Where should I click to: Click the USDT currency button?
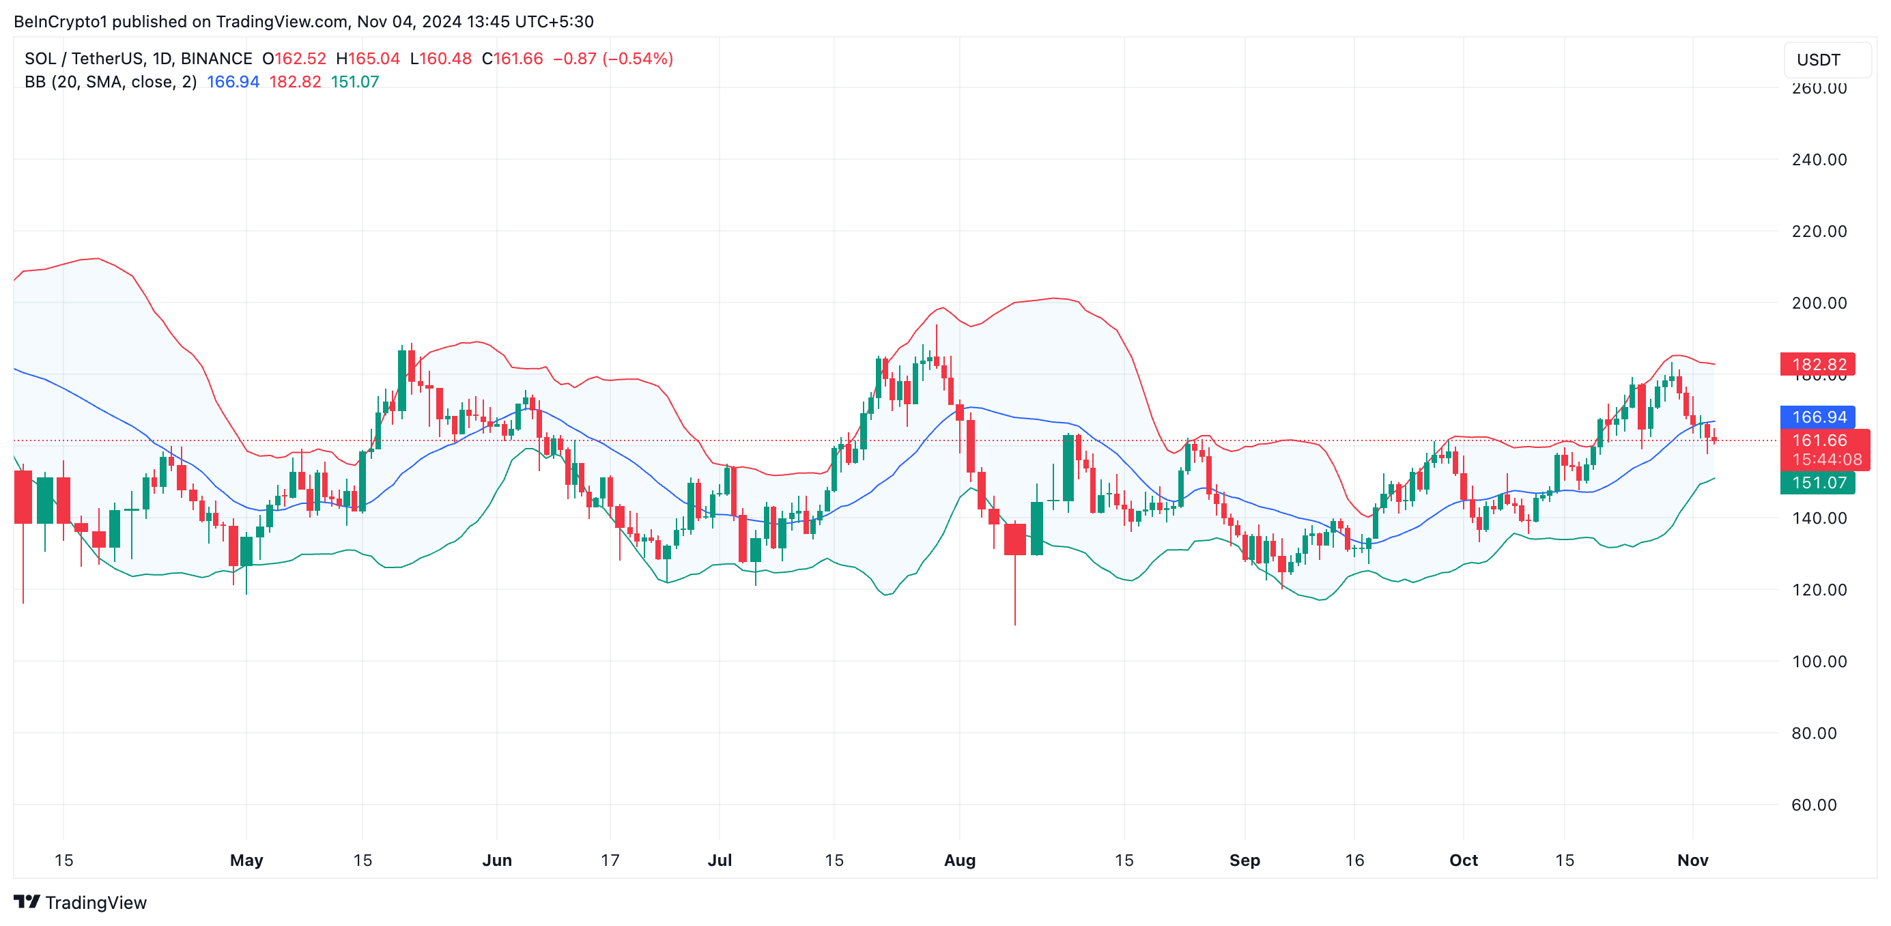pos(1825,60)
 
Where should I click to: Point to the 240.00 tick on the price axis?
pos(1819,160)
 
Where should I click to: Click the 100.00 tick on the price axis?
pos(1819,662)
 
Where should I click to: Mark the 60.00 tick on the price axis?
pos(1813,805)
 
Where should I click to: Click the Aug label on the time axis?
pos(959,860)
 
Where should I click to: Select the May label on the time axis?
pos(246,860)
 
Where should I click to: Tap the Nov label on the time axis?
pos(1692,860)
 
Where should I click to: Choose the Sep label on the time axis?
pos(1245,860)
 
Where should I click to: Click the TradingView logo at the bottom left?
pos(81,903)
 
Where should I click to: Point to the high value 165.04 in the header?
pos(373,59)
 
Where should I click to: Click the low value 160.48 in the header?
pos(446,59)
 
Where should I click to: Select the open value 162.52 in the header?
pos(300,59)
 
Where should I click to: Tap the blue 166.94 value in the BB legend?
pos(233,82)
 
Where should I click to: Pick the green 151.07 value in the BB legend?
pos(354,82)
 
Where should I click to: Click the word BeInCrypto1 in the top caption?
pos(60,22)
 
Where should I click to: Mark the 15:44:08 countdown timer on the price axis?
pos(1826,460)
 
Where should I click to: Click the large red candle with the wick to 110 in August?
pos(1014,539)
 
